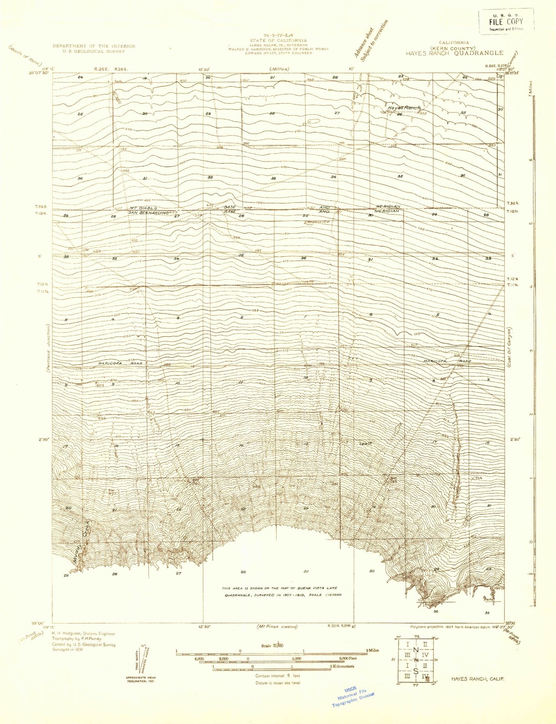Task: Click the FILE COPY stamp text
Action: (506, 22)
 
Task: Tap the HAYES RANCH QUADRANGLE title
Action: (454, 53)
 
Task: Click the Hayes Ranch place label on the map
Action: (404, 108)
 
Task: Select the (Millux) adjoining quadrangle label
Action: (279, 69)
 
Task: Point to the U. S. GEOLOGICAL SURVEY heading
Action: (94, 51)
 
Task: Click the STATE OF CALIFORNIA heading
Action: (278, 40)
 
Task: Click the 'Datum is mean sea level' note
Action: (278, 682)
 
